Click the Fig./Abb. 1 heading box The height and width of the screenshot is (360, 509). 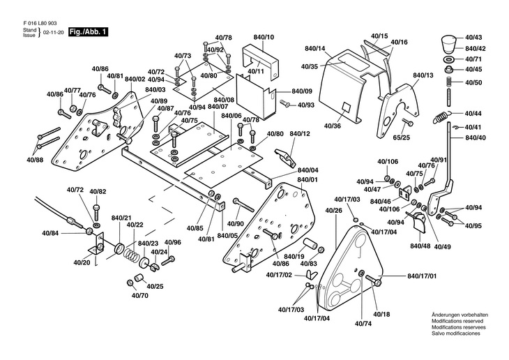coord(88,31)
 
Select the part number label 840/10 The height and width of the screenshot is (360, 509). coord(260,36)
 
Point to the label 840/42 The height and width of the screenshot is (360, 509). coord(474,48)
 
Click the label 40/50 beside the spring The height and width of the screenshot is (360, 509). coord(473,82)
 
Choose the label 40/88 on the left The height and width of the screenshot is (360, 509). coord(35,160)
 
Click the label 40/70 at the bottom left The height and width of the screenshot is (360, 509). coord(140,295)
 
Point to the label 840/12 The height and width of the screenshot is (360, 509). coord(299,133)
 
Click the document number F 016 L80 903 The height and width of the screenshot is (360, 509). coord(40,23)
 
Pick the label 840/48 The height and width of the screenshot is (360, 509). coord(420,246)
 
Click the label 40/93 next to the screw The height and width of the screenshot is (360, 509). coord(305,105)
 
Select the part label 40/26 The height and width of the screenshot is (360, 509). coord(333,210)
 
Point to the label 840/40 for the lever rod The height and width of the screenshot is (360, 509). coord(475,137)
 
